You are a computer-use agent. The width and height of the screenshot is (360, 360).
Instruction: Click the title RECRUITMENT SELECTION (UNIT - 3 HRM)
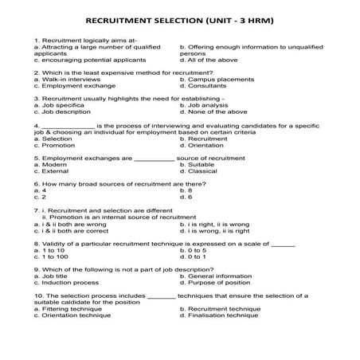179,18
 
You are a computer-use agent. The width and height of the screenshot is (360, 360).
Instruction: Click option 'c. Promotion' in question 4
55,145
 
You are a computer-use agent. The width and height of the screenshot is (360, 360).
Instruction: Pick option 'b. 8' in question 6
186,190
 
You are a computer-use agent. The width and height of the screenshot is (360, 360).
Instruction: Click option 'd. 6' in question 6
186,197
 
